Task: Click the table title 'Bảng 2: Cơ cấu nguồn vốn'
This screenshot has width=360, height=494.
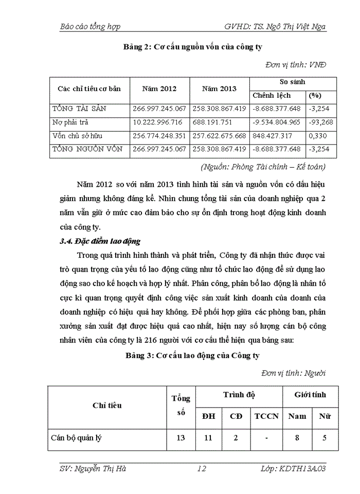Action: pyautogui.click(x=193, y=47)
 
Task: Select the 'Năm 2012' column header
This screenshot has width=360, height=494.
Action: pyautogui.click(x=159, y=89)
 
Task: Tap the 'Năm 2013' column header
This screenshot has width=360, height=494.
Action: pyautogui.click(x=219, y=89)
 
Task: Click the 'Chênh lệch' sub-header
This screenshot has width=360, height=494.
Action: pyautogui.click(x=272, y=95)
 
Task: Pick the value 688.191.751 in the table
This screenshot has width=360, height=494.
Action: pyautogui.click(x=212, y=122)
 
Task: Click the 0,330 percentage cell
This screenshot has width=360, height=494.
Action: pyautogui.click(x=315, y=135)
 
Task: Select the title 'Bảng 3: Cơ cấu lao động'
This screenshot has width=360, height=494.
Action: pyautogui.click(x=193, y=356)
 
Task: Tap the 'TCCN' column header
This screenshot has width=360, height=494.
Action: pyautogui.click(x=266, y=416)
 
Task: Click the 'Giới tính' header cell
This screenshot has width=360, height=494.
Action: pyautogui.click(x=310, y=395)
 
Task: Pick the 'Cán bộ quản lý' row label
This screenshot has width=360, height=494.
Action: pyautogui.click(x=76, y=439)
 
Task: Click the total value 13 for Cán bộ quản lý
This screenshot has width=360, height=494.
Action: pyautogui.click(x=181, y=439)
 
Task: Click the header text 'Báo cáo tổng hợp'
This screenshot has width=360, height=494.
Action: pyautogui.click(x=91, y=26)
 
